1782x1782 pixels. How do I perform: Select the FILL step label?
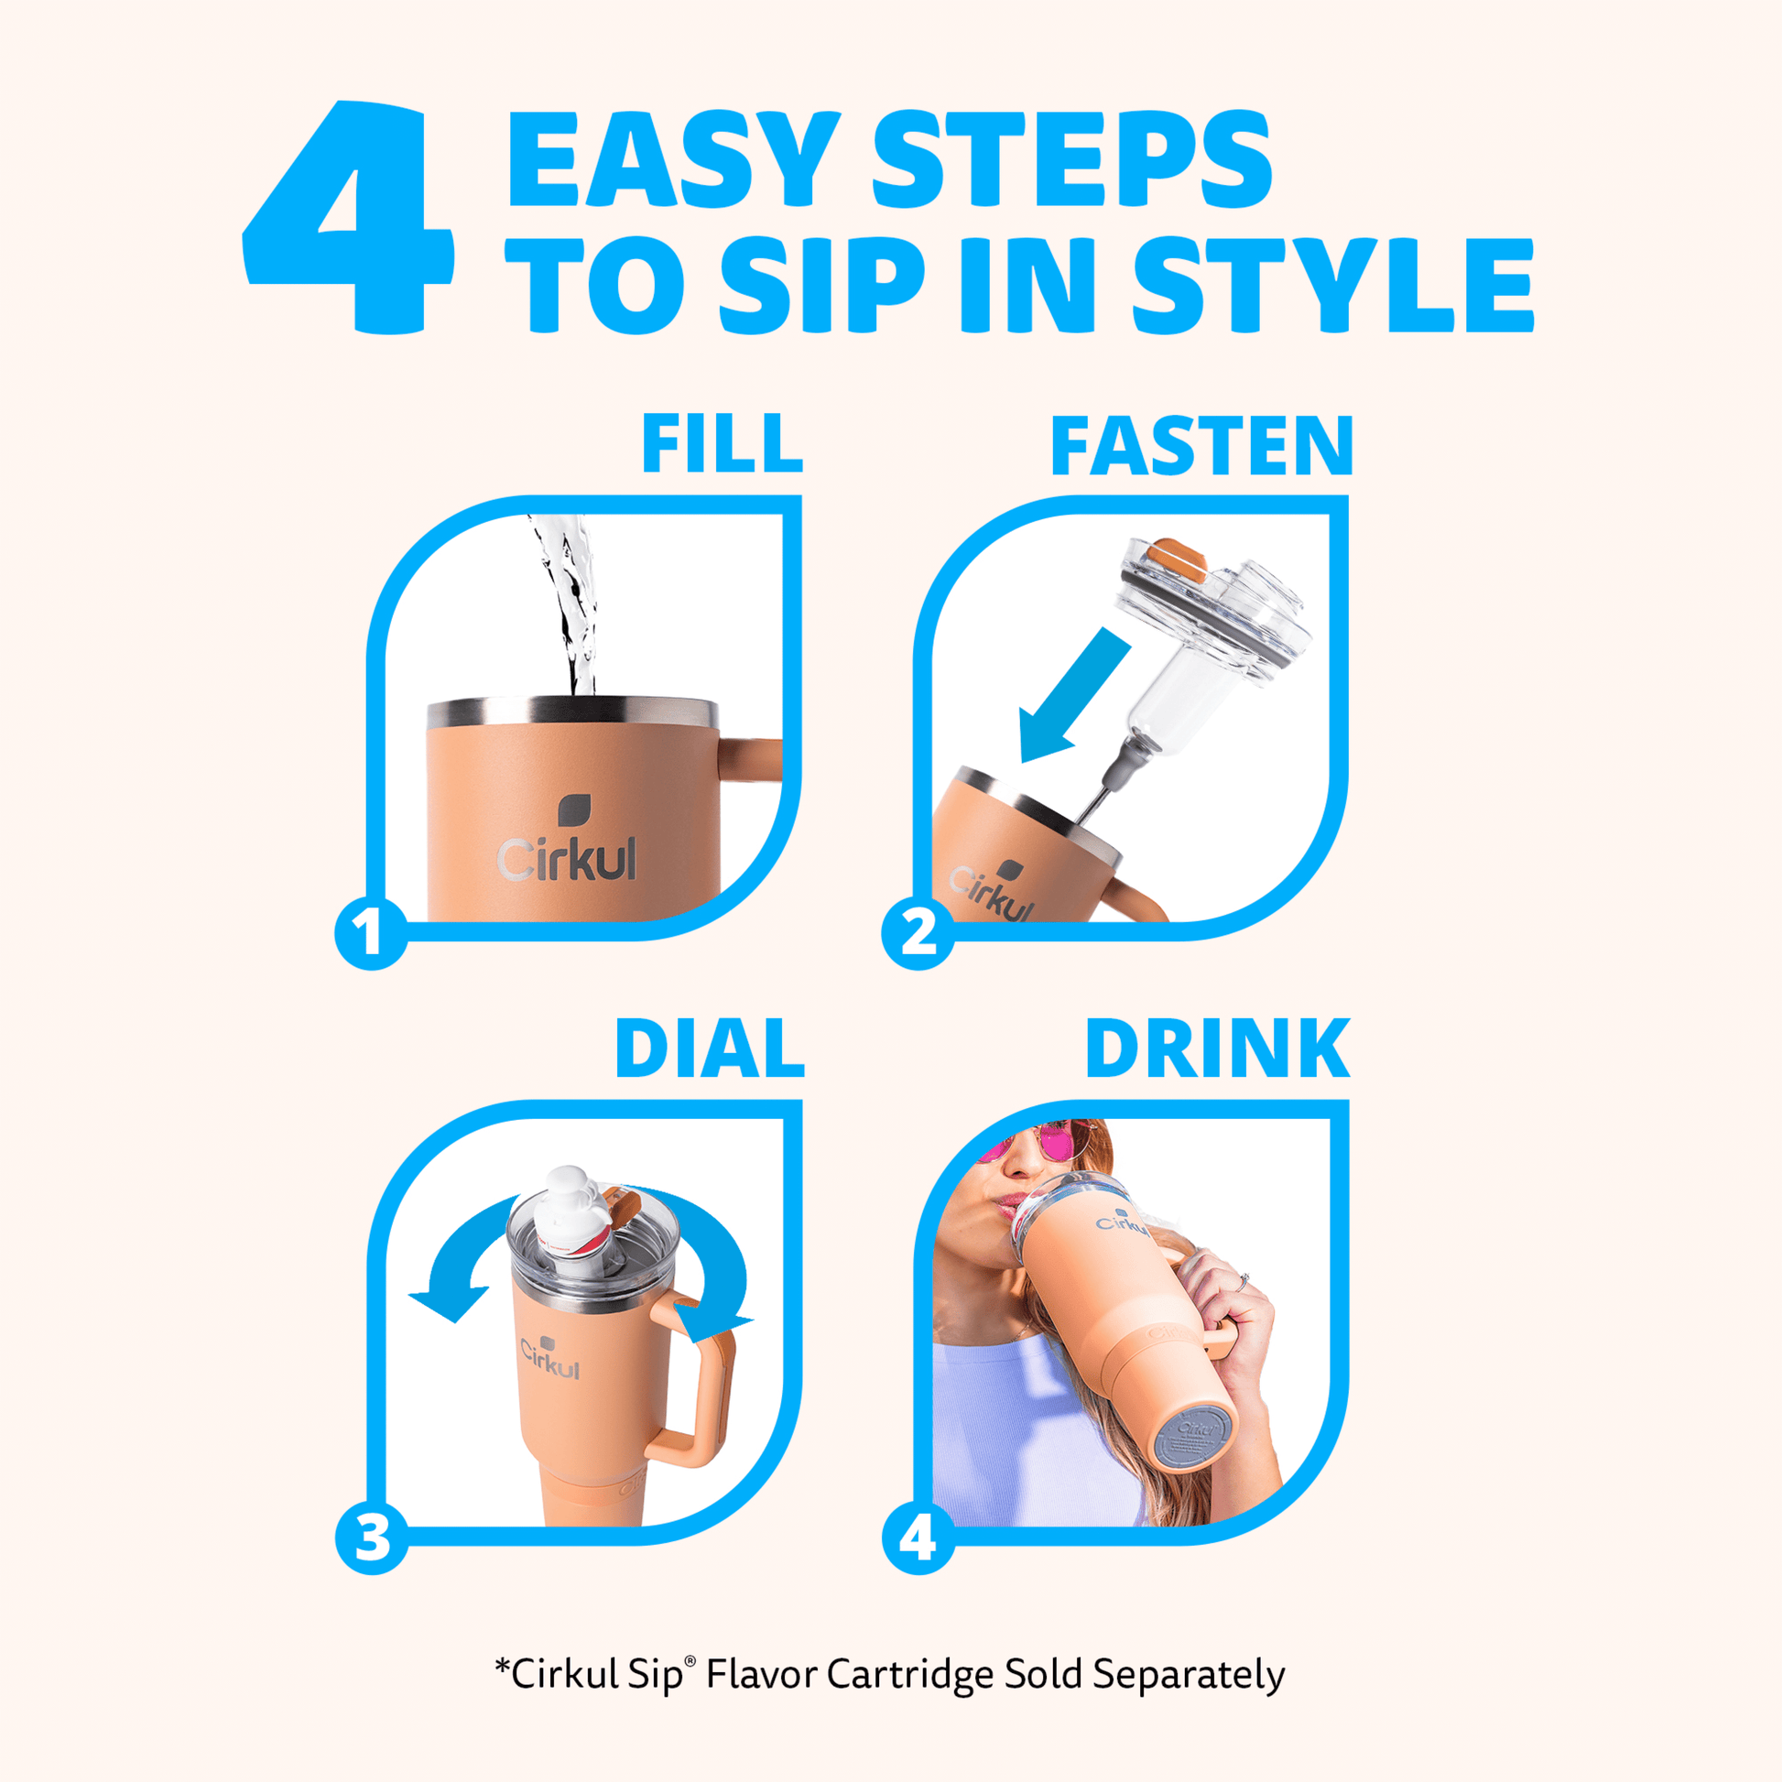click(723, 443)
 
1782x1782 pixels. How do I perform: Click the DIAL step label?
click(711, 1048)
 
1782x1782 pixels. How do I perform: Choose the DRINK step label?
click(1218, 1048)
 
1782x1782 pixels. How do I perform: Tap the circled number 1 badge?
click(371, 932)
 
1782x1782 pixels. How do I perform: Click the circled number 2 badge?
click(918, 932)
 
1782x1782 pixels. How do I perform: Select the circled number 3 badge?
click(372, 1537)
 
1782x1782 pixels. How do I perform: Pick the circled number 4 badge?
click(918, 1537)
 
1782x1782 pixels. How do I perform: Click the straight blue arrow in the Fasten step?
click(1073, 695)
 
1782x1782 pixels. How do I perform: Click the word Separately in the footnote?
click(1189, 1674)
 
